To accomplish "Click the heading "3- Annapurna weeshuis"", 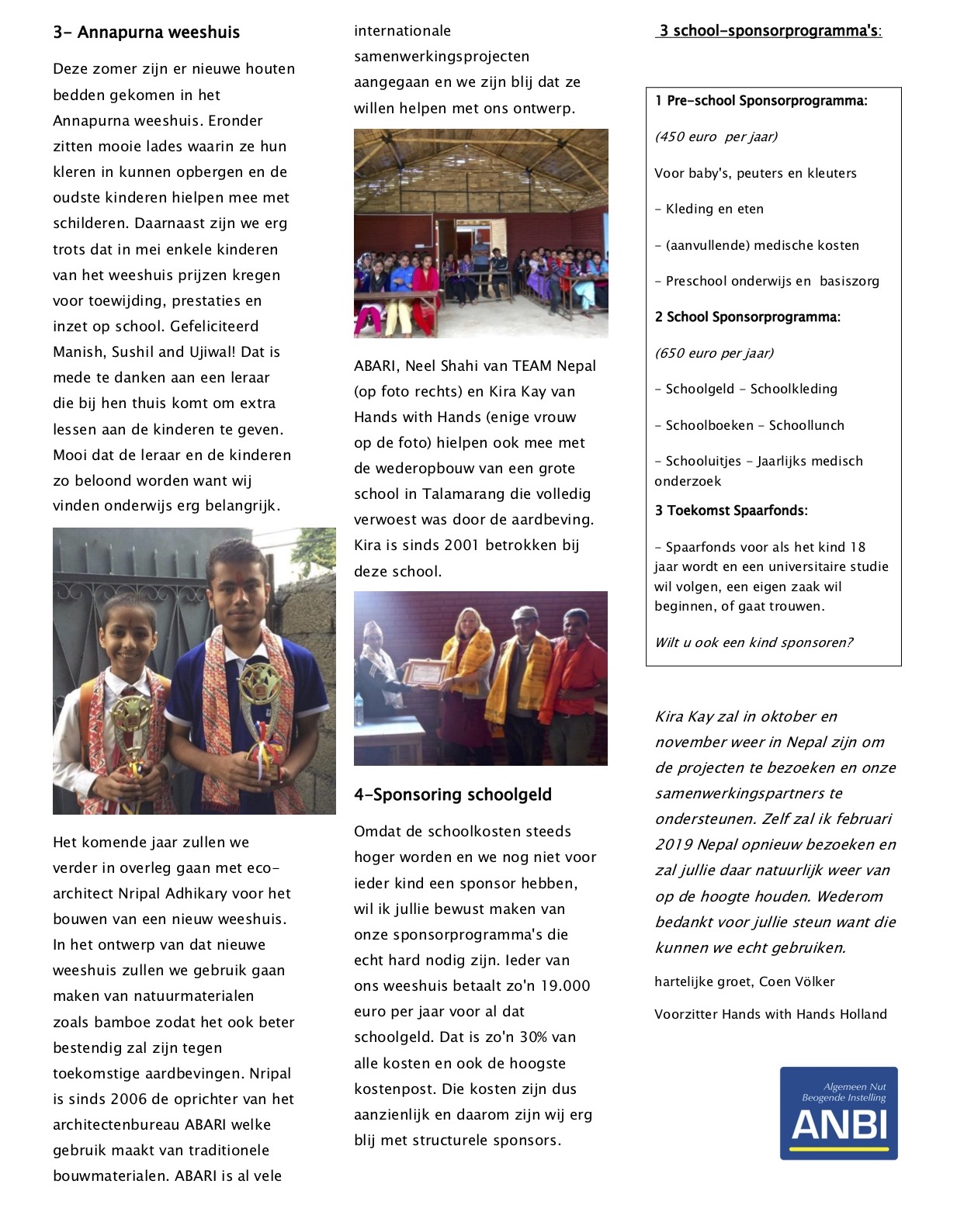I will (146, 33).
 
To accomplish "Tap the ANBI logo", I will (838, 1113).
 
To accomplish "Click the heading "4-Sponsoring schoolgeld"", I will (452, 794).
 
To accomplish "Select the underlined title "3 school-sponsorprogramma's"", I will (768, 31).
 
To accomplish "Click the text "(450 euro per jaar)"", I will (716, 137).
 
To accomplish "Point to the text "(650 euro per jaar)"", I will (714, 353).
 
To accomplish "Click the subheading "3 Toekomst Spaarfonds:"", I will (731, 511).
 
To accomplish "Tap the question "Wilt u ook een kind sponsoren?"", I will (754, 642).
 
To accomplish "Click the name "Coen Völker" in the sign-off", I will (796, 981).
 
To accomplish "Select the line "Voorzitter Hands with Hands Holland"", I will (770, 1014).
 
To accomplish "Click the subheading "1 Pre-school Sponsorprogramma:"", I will (761, 101).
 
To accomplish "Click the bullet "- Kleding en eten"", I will (709, 209).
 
